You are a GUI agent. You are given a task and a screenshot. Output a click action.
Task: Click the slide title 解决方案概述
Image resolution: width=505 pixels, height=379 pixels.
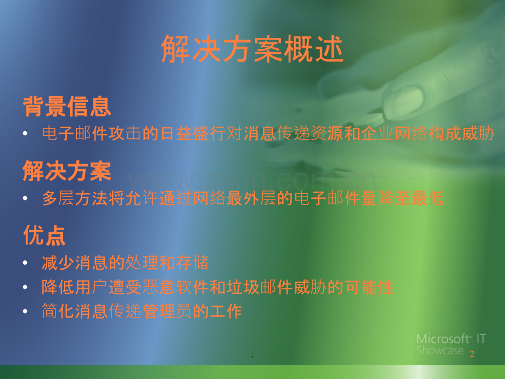pos(252,51)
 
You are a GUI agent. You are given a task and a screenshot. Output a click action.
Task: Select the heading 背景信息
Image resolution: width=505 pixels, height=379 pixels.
pos(67,106)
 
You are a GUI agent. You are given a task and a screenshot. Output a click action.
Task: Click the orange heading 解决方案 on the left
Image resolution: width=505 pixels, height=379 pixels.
pos(67,171)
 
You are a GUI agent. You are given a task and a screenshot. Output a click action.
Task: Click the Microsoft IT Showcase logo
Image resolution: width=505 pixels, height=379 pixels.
pos(450,344)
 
